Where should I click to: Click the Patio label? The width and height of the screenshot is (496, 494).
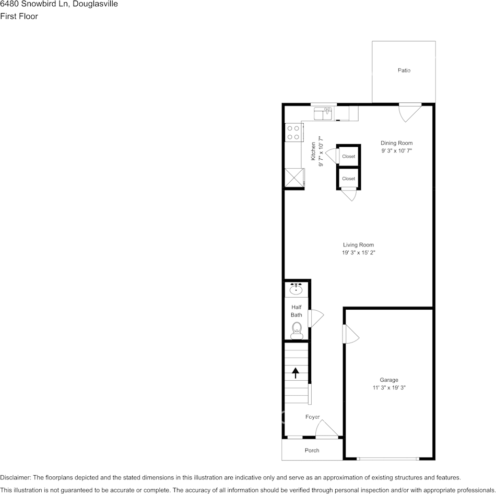tap(404, 70)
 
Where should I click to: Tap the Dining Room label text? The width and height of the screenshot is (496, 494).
tap(396, 143)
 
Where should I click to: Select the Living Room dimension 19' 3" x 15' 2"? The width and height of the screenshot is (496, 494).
tap(359, 253)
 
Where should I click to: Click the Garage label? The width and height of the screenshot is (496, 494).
tap(389, 380)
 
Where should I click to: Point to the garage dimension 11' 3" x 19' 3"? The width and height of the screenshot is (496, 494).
tap(389, 387)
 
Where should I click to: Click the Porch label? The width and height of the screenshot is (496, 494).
tap(312, 450)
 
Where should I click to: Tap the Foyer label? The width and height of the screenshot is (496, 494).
tap(313, 417)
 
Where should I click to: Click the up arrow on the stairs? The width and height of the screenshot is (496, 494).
tap(296, 373)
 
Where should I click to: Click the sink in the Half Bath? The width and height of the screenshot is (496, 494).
tap(297, 289)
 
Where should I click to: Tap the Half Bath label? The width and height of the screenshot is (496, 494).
tap(297, 311)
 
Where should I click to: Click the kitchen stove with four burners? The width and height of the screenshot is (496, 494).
tap(293, 132)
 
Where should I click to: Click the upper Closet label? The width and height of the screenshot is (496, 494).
tap(348, 157)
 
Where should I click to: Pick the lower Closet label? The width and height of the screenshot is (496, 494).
tap(348, 179)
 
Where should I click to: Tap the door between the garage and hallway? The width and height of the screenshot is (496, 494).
tap(350, 334)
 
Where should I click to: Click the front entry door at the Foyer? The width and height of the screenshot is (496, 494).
tap(327, 430)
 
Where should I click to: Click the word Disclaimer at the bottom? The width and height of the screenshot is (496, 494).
tap(15, 477)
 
